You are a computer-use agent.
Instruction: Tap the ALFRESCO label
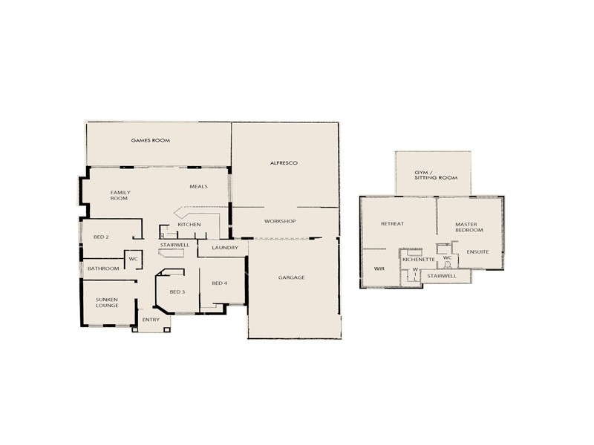pyautogui.click(x=283, y=162)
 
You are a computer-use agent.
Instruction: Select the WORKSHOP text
pyautogui.click(x=280, y=222)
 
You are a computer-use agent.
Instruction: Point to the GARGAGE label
pyautogui.click(x=292, y=278)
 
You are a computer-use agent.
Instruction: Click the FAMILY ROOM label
pyautogui.click(x=120, y=195)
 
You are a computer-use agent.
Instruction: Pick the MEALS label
pyautogui.click(x=198, y=187)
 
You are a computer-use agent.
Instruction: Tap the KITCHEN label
pyautogui.click(x=189, y=224)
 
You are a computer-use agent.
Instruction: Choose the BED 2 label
pyautogui.click(x=102, y=237)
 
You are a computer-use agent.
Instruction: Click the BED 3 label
pyautogui.click(x=177, y=291)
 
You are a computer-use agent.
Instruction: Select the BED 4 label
pyautogui.click(x=219, y=283)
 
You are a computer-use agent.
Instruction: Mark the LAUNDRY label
pyautogui.click(x=224, y=248)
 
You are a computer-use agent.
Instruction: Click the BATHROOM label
pyautogui.click(x=103, y=268)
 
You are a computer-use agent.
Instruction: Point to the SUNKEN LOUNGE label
pyautogui.click(x=107, y=303)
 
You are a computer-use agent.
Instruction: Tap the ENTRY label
pyautogui.click(x=151, y=320)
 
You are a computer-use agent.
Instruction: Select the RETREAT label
pyautogui.click(x=392, y=224)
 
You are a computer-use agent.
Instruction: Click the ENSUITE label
pyautogui.click(x=478, y=252)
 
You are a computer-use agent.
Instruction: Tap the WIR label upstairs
pyautogui.click(x=379, y=269)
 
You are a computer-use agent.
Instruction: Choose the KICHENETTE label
pyautogui.click(x=418, y=260)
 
